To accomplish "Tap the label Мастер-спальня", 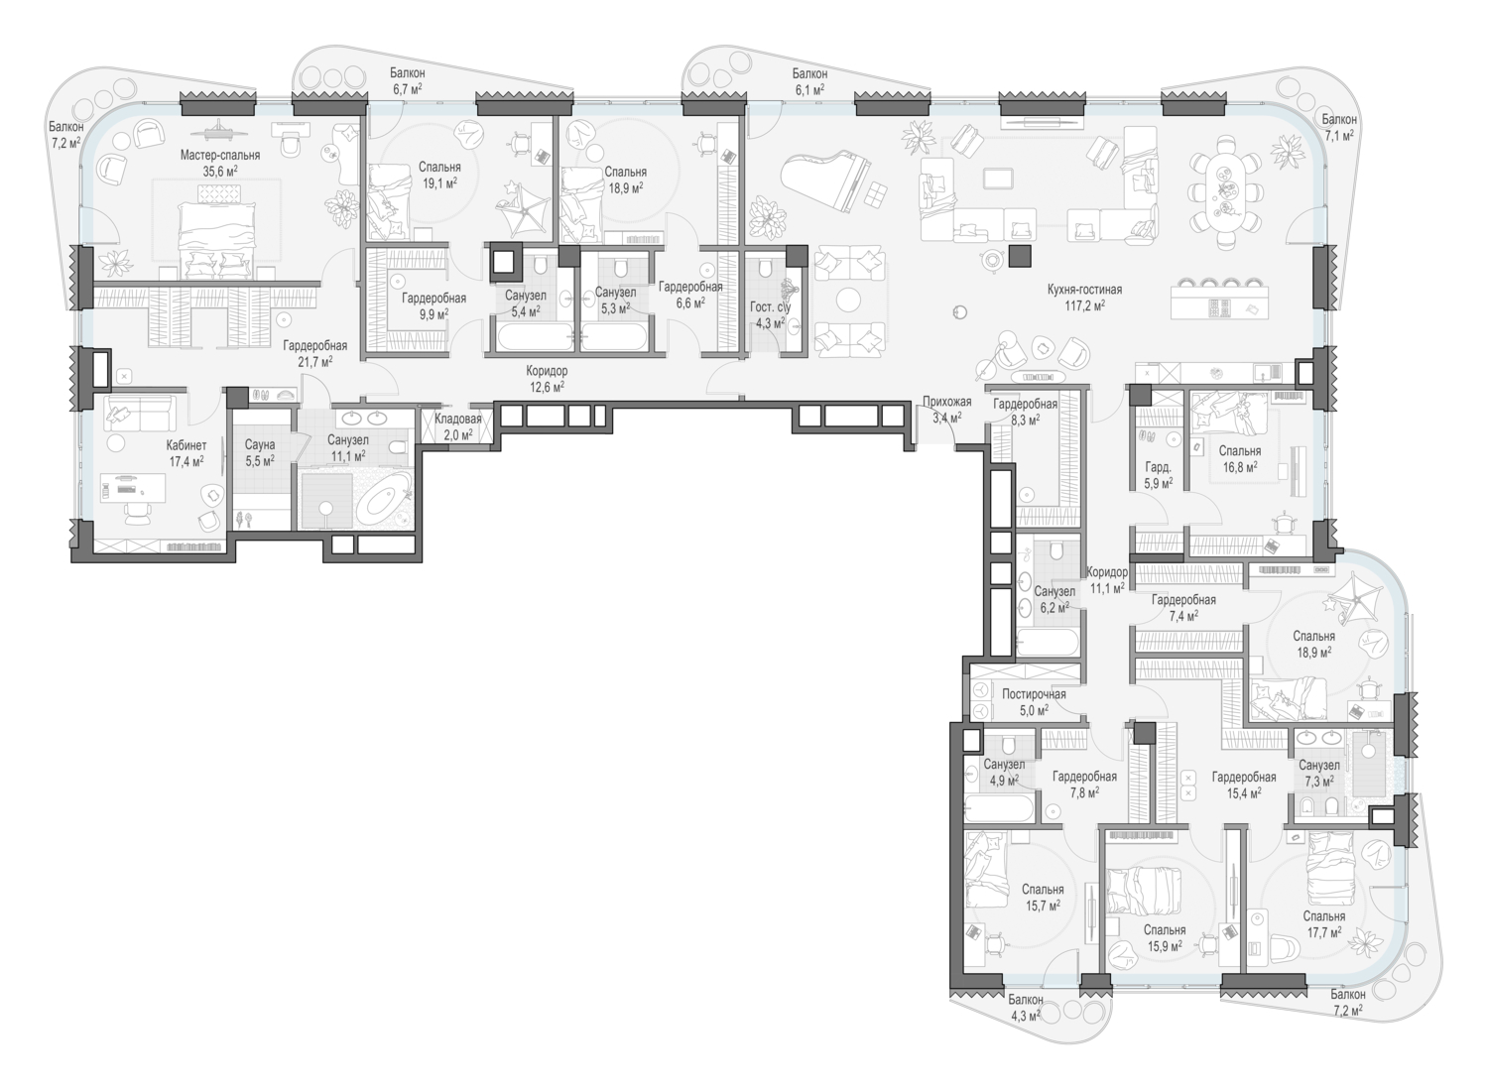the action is [220, 156].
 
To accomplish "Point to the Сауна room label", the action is [260, 445].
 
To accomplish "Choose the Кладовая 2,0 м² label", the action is [457, 426].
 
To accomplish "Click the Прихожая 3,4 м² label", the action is [946, 410].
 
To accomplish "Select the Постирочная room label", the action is [1034, 694].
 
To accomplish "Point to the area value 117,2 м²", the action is [1085, 306].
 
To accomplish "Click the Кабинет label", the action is [186, 445].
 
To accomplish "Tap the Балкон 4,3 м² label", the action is [1026, 1008].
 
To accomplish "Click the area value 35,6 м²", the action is [220, 172].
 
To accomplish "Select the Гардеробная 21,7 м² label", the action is [315, 354].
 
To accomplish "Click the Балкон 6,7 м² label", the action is [407, 81].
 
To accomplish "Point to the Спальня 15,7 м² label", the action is [1043, 898].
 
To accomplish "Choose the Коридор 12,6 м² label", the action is [547, 379].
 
